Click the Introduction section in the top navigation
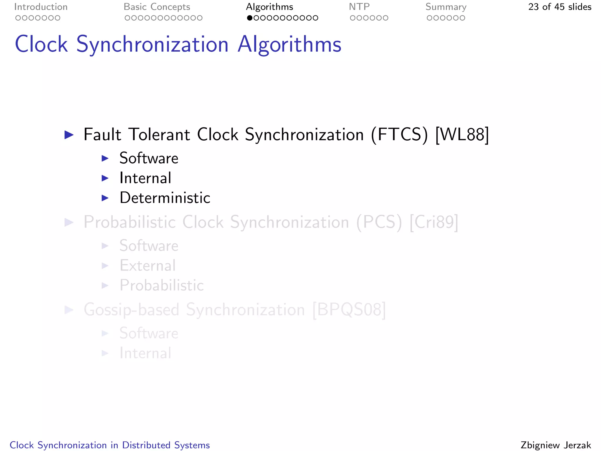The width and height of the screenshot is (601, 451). coord(41,7)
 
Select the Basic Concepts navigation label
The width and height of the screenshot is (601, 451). coord(157,7)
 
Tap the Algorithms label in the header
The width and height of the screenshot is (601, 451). coord(269,7)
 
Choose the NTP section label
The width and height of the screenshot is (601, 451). coord(359,7)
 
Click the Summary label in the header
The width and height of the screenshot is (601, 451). coord(446,7)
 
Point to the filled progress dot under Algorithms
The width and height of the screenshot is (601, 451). coord(250,18)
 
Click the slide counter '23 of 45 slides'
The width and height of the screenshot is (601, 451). coord(560,7)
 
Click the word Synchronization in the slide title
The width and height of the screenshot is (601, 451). coord(152,45)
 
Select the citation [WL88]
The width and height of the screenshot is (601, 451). coord(462,135)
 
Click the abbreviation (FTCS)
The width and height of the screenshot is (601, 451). coord(399,135)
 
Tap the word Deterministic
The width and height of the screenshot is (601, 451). coord(165,198)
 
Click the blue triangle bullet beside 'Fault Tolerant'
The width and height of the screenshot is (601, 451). coord(69,135)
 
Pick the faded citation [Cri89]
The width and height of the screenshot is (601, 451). coord(434,222)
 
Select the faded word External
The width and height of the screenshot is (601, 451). coord(148,266)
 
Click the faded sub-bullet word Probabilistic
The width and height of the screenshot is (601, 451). coord(162,285)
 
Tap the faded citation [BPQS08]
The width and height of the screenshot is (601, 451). coord(349,310)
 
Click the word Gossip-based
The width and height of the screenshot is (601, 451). coord(131,310)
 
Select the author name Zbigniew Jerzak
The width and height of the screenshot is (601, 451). coord(556,445)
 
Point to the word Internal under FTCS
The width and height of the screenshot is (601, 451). coord(145,178)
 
